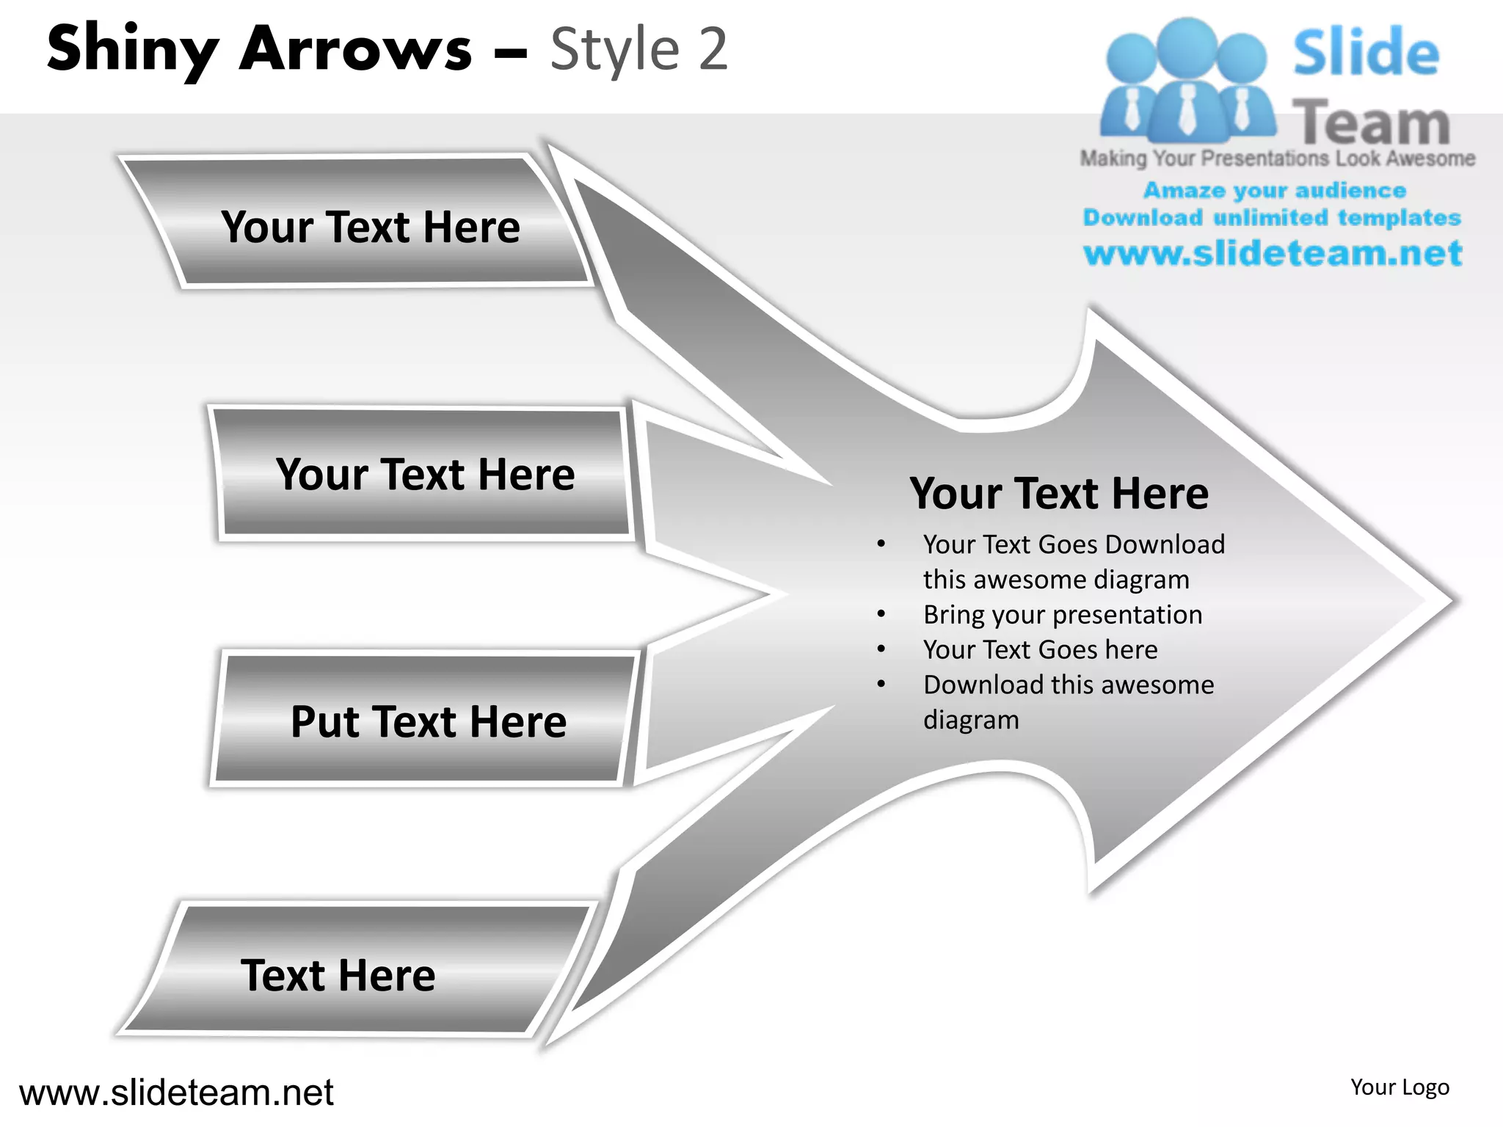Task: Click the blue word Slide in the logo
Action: click(1366, 53)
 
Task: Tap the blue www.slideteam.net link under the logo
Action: click(1273, 254)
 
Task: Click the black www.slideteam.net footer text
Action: click(176, 1093)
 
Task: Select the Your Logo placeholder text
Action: click(1400, 1087)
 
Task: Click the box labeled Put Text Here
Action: click(429, 721)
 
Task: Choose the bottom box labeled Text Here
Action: click(338, 975)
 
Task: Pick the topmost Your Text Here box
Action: click(371, 227)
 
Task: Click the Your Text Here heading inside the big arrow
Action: click(1059, 493)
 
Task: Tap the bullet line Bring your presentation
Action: click(1062, 615)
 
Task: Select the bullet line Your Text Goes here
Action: click(1040, 650)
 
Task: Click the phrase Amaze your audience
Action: click(1275, 191)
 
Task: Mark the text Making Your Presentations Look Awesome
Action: click(1278, 158)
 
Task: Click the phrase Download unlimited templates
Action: click(1272, 218)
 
